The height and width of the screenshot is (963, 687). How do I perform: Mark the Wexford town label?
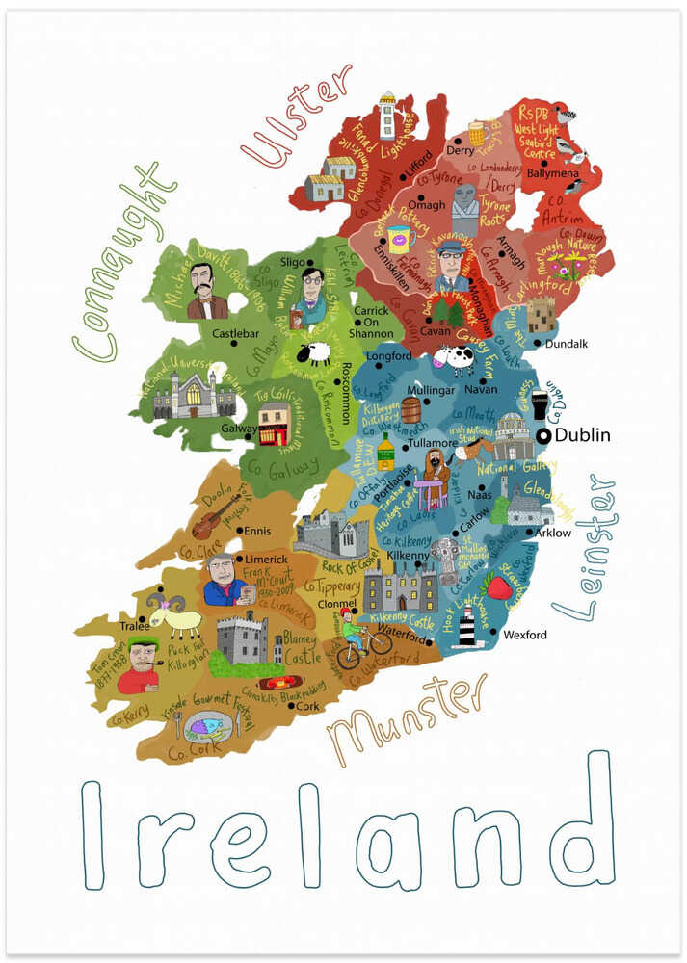[x=525, y=635]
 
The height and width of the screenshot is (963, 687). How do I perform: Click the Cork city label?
[x=308, y=706]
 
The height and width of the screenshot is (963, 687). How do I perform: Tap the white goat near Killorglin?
[x=177, y=616]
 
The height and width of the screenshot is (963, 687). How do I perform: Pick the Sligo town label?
[x=292, y=262]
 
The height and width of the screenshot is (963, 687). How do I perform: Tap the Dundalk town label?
[x=566, y=344]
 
